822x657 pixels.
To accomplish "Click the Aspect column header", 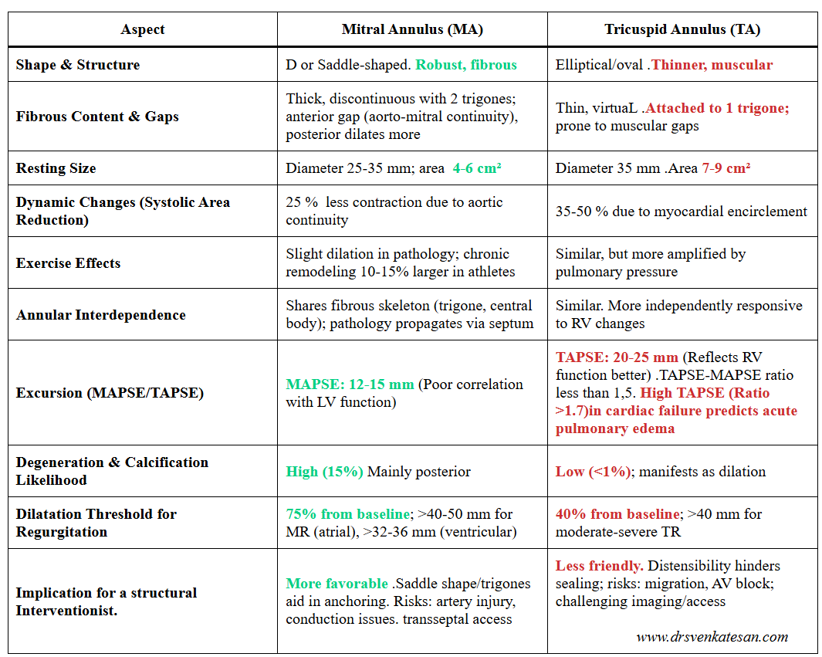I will tap(143, 29).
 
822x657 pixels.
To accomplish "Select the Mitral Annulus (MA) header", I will tap(412, 29).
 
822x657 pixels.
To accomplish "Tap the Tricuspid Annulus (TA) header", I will tap(682, 29).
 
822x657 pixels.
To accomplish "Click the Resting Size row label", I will tap(56, 168).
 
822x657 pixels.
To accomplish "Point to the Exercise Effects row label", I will tap(68, 263).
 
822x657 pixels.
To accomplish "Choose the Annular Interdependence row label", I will tap(100, 315).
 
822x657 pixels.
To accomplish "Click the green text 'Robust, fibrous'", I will tap(466, 65).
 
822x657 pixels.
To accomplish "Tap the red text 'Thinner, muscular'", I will tap(712, 65).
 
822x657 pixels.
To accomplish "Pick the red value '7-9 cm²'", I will tap(726, 168).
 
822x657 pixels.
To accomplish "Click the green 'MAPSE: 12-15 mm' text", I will tap(350, 384).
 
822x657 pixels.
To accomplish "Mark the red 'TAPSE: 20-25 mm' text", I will tap(617, 358).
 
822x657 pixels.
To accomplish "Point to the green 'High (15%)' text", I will tap(324, 472).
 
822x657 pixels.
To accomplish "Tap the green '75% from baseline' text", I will tap(347, 514).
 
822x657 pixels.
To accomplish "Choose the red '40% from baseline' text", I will tap(617, 514).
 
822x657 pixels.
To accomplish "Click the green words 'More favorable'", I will tap(337, 584).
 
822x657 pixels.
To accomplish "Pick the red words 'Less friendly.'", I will tap(600, 567).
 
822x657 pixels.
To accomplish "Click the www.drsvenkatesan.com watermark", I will tap(712, 637).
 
